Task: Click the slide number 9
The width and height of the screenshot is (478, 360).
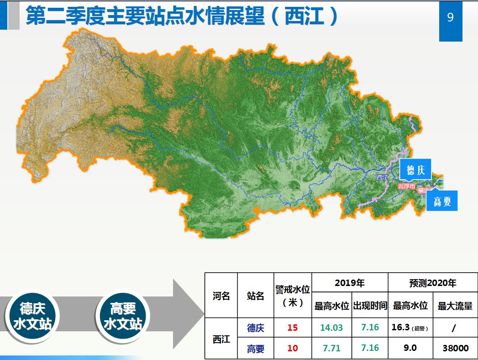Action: point(450,18)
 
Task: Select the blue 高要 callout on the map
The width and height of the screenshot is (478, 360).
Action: point(441,201)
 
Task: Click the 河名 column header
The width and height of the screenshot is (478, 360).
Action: point(221,296)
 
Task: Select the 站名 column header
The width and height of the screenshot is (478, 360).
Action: point(256,296)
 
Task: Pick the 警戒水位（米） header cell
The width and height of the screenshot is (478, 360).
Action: point(293,296)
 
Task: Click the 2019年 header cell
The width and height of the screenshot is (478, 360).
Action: point(350,283)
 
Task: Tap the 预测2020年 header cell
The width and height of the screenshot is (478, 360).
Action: point(432,283)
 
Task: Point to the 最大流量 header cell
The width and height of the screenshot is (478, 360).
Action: point(455,306)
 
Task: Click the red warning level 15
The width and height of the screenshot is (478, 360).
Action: point(293,328)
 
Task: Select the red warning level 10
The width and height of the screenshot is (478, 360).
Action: point(293,348)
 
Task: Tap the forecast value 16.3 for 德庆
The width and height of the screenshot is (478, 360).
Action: point(402,328)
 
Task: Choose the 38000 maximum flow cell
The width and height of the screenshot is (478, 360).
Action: point(455,348)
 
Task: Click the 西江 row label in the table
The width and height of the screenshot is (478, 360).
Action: point(221,339)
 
